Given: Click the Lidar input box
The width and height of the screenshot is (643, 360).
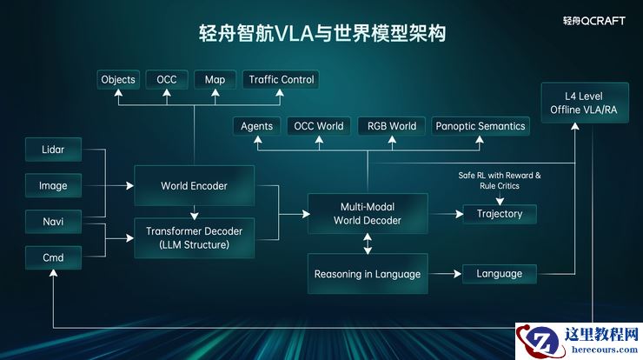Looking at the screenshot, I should [53, 150].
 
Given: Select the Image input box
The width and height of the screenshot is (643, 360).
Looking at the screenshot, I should [53, 185].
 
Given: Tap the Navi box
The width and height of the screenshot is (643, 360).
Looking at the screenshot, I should [53, 222].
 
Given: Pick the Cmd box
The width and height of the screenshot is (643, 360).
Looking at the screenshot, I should [53, 257].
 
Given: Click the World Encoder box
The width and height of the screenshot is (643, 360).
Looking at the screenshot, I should [194, 186].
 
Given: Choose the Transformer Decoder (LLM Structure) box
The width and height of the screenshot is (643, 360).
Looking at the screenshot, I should [194, 237].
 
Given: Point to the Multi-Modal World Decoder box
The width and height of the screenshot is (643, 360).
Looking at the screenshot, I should [368, 214].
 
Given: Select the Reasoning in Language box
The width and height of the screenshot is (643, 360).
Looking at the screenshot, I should [368, 274].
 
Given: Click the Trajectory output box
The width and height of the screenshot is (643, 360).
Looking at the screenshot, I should [499, 213].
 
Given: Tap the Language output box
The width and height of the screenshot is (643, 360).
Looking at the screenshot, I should [499, 274].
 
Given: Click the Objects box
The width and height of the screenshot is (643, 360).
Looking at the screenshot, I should [118, 80].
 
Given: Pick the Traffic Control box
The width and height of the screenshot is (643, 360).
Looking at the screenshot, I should [282, 80].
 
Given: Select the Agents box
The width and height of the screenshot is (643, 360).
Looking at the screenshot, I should [256, 126].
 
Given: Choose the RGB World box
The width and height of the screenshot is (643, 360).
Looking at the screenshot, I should [391, 126].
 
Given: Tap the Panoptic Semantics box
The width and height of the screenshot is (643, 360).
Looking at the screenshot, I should [481, 126].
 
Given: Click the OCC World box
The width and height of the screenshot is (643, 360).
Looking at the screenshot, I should [318, 126].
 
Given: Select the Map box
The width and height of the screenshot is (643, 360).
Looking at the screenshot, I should [215, 80].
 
